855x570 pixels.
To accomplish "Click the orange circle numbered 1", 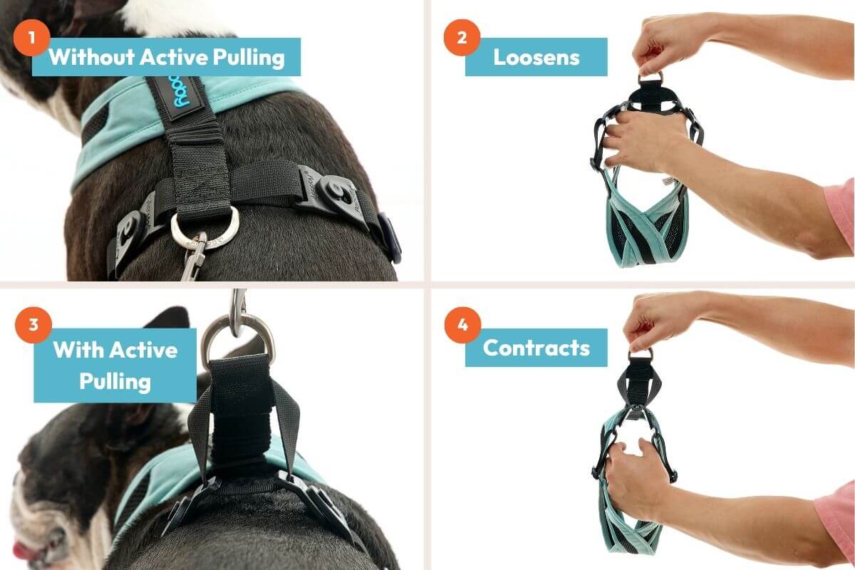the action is click(x=31, y=38).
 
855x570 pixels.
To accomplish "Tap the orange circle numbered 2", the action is click(x=462, y=38).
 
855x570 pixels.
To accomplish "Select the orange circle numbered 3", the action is click(x=33, y=325).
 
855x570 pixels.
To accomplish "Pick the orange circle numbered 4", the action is click(x=462, y=325).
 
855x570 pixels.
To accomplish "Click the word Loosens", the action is click(x=537, y=57).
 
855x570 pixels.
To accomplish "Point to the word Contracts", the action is click(x=537, y=348).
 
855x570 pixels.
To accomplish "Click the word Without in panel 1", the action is click(x=92, y=57).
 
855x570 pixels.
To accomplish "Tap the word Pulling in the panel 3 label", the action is click(x=115, y=381).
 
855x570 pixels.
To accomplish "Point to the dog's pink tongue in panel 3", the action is click(x=24, y=550).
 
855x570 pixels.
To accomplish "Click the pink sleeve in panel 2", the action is click(x=840, y=214).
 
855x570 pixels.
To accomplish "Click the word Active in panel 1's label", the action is click(x=174, y=57).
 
